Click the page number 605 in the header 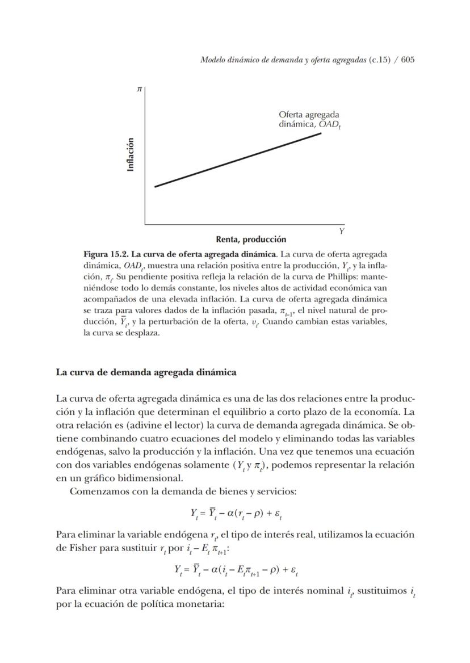pos(408,60)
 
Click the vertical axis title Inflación pos(131,154)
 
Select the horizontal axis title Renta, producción pos(251,240)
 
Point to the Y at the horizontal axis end pos(342,231)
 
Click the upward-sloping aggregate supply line pos(238,160)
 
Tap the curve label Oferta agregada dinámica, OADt pos(309,119)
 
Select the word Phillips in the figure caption pos(349,277)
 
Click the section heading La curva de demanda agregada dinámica pos(146,372)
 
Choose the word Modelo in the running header pos(213,60)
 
